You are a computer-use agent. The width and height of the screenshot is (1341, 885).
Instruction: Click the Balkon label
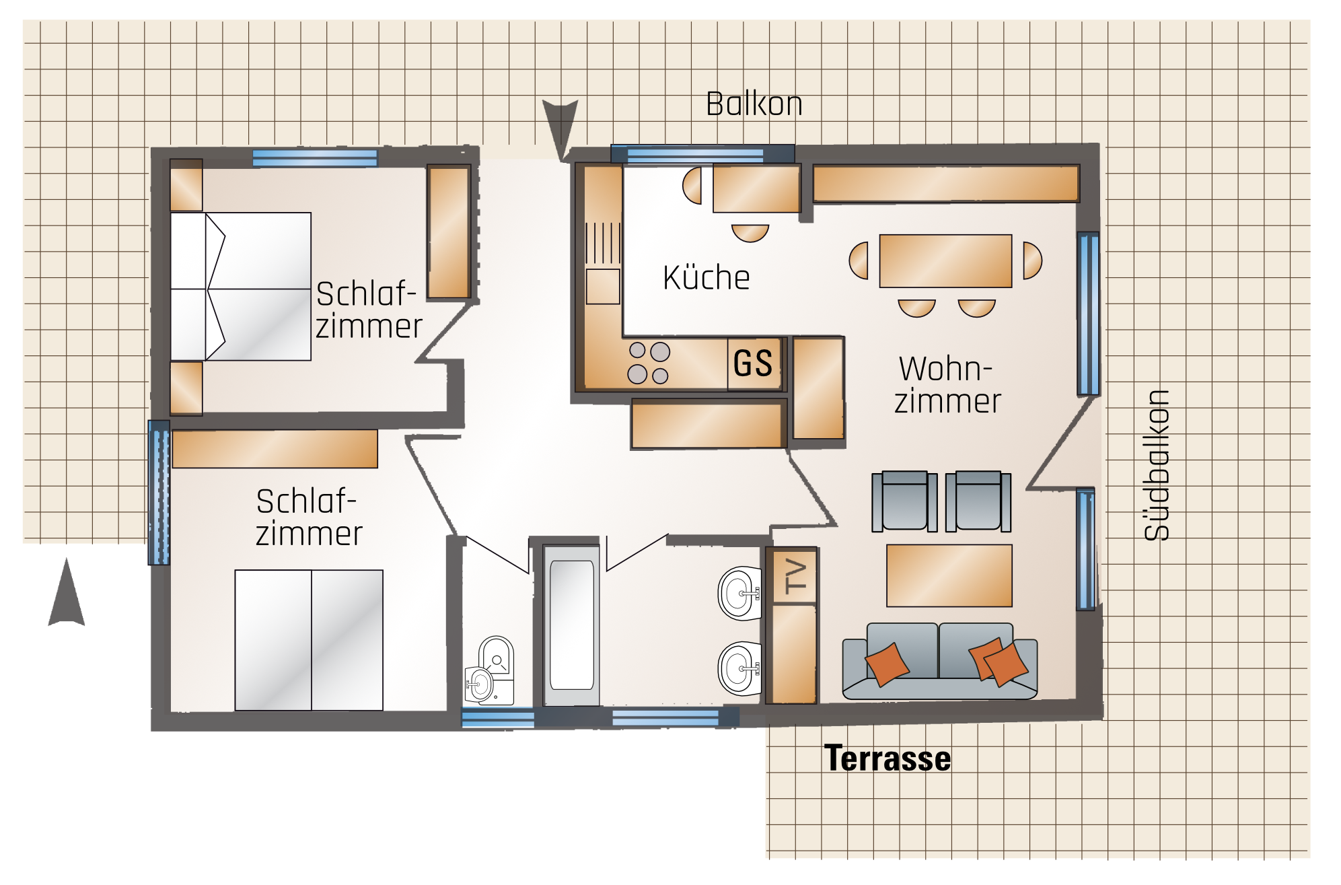(754, 104)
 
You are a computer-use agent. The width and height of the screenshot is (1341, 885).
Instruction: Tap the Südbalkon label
(1157, 465)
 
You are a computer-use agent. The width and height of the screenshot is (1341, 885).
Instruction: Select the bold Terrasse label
(887, 758)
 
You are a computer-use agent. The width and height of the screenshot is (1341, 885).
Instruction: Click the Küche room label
(706, 277)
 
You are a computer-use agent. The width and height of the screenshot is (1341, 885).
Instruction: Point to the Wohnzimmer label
(947, 385)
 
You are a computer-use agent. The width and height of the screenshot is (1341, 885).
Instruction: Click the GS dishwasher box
(754, 364)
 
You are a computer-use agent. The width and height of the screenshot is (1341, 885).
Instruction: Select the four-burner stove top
(649, 363)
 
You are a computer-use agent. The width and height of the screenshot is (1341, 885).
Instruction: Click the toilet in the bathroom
(491, 670)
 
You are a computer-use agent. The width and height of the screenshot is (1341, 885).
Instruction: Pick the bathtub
(572, 625)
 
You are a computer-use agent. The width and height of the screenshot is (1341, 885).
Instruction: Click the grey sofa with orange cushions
(940, 661)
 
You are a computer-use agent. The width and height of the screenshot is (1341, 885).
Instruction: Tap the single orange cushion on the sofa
(887, 664)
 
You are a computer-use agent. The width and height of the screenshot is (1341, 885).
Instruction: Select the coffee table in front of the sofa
(949, 576)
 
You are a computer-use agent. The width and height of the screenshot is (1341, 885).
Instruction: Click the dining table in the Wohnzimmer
(945, 261)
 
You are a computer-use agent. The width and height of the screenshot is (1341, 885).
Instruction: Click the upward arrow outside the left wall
(67, 592)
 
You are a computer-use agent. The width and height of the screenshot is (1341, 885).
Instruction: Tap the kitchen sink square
(603, 287)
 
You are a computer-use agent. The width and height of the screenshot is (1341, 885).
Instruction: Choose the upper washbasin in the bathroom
(740, 593)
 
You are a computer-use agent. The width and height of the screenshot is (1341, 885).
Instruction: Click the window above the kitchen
(696, 155)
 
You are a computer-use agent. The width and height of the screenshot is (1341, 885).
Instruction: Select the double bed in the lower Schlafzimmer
(309, 640)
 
